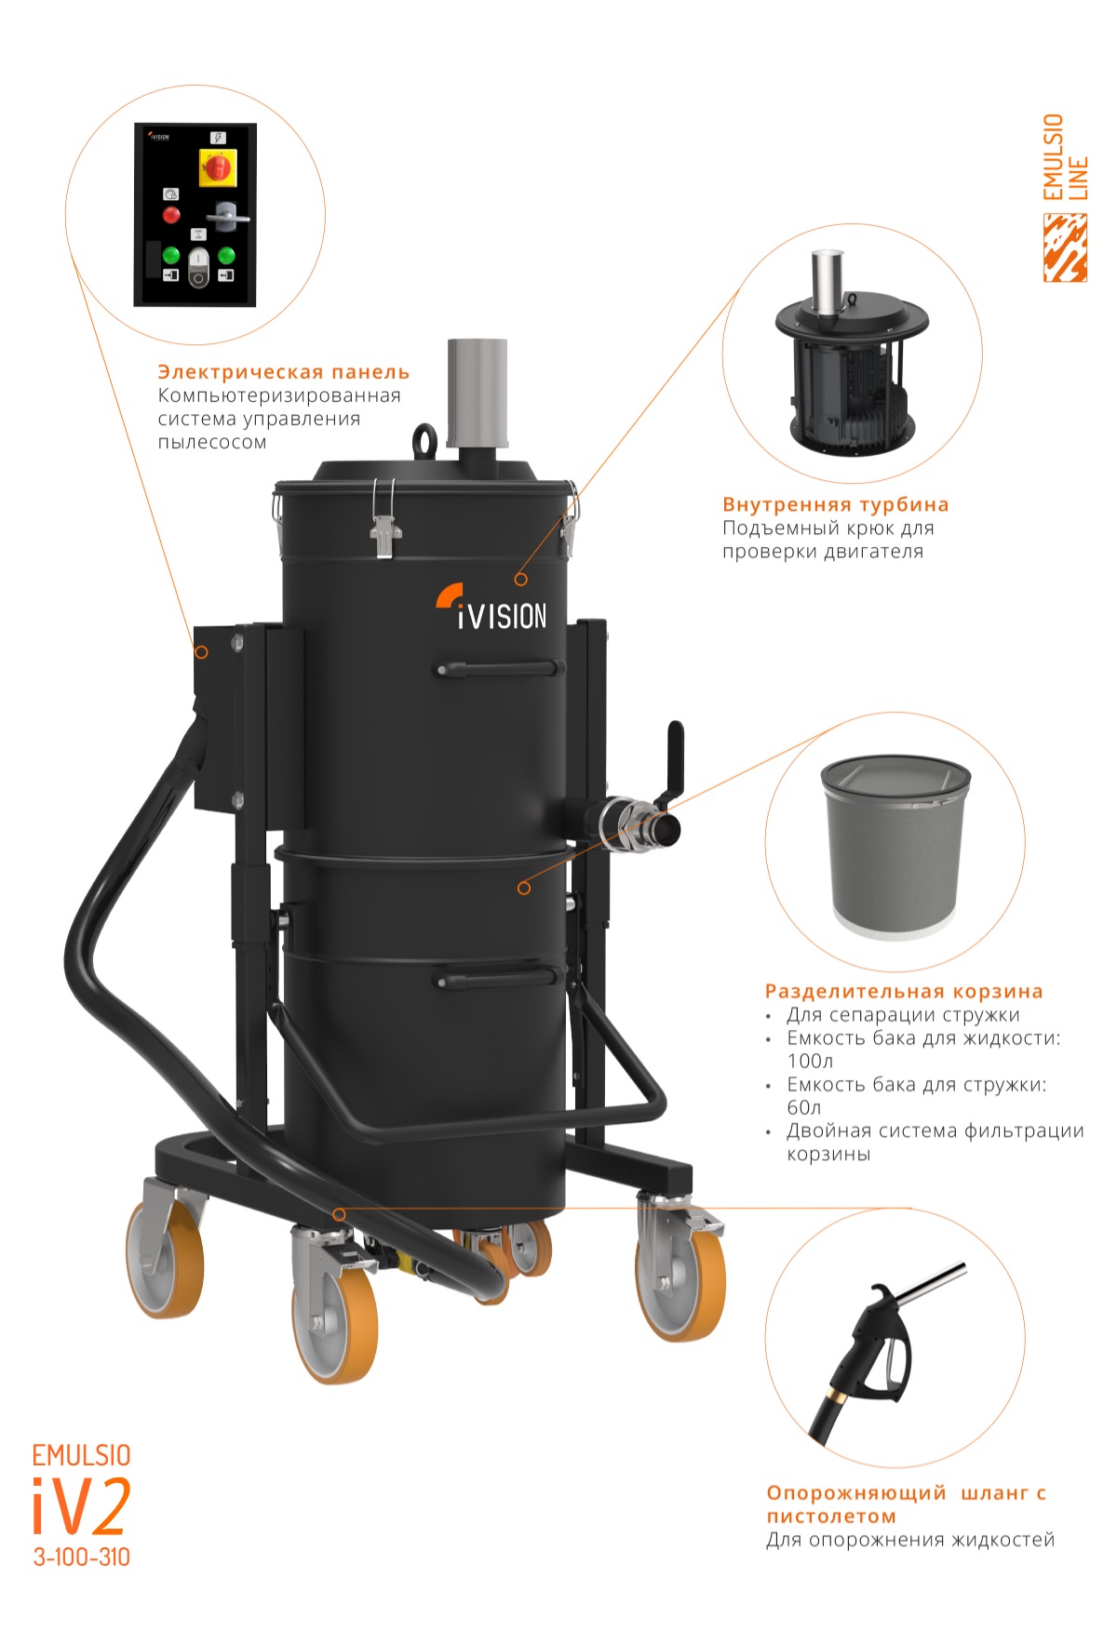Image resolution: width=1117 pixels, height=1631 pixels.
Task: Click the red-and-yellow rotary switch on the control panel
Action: click(x=218, y=167)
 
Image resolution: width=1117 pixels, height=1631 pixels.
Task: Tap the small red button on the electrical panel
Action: click(x=171, y=215)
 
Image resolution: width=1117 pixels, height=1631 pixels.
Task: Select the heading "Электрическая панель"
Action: click(x=284, y=372)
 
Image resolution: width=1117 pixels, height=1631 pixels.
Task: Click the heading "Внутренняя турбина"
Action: click(x=836, y=505)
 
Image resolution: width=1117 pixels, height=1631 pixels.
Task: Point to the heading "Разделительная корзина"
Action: click(x=904, y=992)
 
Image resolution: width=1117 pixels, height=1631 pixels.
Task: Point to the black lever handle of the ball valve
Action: click(x=672, y=764)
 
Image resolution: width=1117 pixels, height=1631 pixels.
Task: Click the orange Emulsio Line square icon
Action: click(x=1065, y=247)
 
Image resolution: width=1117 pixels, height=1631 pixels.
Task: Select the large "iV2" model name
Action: click(x=81, y=1506)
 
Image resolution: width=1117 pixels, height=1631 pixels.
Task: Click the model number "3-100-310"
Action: click(x=82, y=1557)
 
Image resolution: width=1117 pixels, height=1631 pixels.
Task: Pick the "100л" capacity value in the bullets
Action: click(x=810, y=1062)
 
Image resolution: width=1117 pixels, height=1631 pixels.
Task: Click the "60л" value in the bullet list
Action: click(x=804, y=1108)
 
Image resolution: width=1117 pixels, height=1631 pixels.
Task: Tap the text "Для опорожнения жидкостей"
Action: click(x=910, y=1540)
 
